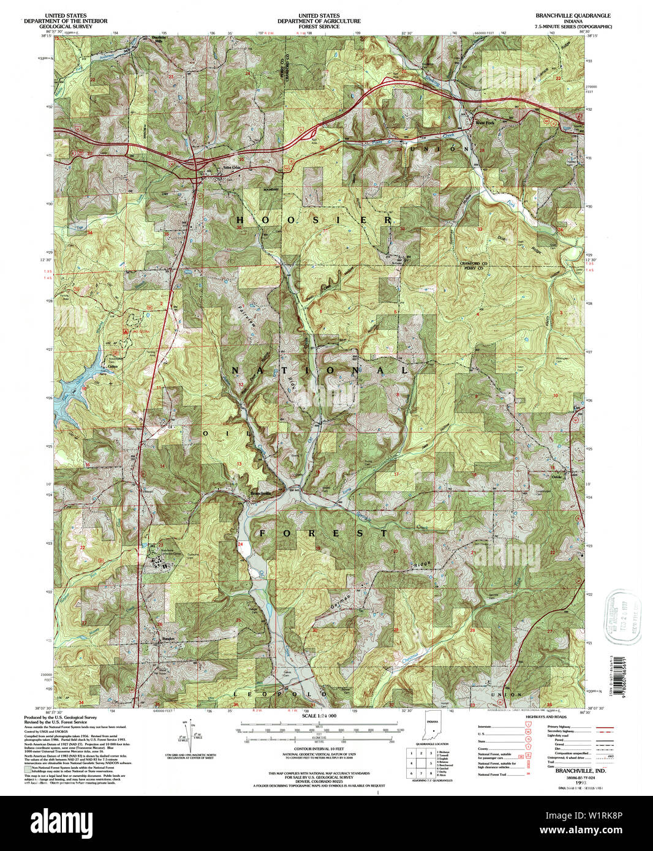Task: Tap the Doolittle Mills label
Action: pos(159,38)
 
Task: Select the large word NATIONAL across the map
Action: pos(320,370)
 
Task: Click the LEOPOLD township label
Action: pos(281,694)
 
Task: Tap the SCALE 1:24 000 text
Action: pos(319,716)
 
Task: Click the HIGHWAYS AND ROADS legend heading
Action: pos(564,716)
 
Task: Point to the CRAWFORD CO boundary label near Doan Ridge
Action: pos(472,263)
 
